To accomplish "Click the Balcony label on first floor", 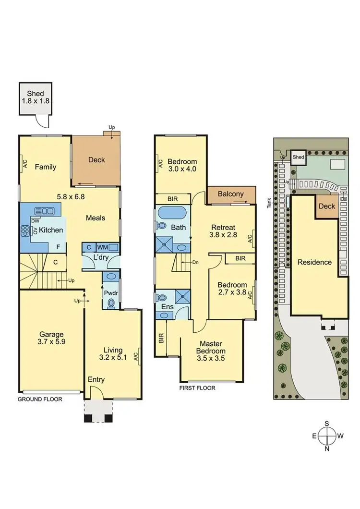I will coord(231,194).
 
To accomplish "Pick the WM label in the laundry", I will coord(102,247).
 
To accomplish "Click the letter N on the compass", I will coord(327,449).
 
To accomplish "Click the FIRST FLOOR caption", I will coord(197,388).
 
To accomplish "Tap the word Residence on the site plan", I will coord(315,262).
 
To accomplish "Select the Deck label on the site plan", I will coord(327,206).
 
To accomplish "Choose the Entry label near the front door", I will coord(96,380).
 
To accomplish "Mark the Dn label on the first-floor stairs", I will coord(195,263).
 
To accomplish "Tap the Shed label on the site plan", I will coord(299,157).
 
